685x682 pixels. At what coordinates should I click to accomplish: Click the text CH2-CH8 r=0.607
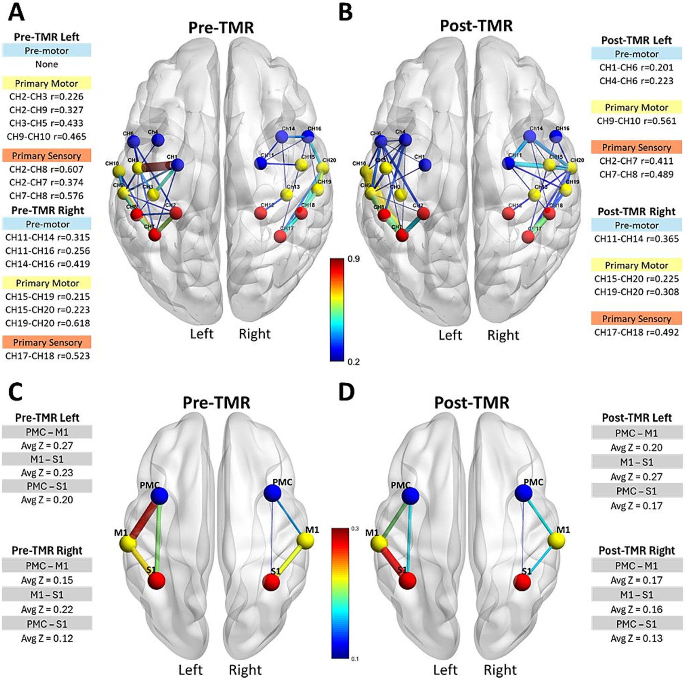pyautogui.click(x=46, y=169)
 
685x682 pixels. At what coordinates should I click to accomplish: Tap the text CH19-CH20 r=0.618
pyautogui.click(x=48, y=323)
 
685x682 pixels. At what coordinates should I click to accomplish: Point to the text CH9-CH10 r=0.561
pyautogui.click(x=636, y=121)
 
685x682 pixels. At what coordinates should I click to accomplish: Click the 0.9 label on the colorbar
pyautogui.click(x=354, y=259)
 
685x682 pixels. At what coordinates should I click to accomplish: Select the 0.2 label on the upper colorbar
pyautogui.click(x=354, y=361)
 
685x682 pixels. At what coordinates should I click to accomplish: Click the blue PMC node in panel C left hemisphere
pyautogui.click(x=159, y=496)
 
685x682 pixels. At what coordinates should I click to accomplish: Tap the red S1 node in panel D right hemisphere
pyautogui.click(x=522, y=582)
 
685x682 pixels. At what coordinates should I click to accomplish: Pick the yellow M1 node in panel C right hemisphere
pyautogui.click(x=306, y=540)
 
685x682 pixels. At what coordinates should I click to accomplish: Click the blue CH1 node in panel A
pyautogui.click(x=178, y=165)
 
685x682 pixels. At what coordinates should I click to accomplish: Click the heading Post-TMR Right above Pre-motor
pyautogui.click(x=636, y=212)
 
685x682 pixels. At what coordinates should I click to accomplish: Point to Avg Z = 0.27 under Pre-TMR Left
pyautogui.click(x=47, y=446)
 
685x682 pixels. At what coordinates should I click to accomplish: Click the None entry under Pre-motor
pyautogui.click(x=47, y=64)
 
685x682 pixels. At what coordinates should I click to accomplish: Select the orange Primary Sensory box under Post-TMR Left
pyautogui.click(x=636, y=147)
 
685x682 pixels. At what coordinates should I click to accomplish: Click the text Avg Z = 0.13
pyautogui.click(x=636, y=638)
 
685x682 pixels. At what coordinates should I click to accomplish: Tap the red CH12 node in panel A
pyautogui.click(x=260, y=213)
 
